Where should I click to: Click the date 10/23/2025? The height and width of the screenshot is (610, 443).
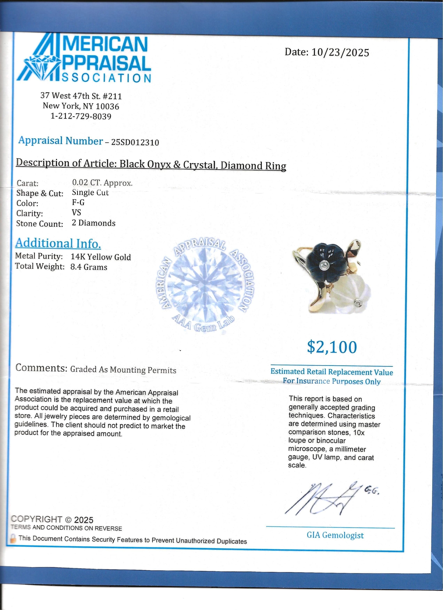click(340, 52)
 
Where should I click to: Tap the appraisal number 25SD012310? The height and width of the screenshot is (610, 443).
click(135, 142)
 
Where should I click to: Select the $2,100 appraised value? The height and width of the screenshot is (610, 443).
click(332, 347)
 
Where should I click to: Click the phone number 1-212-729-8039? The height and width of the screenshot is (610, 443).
click(81, 116)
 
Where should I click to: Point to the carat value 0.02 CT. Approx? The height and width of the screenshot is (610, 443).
click(102, 183)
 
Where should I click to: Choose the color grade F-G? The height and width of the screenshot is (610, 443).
click(78, 202)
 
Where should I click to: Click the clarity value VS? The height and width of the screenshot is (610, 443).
click(76, 213)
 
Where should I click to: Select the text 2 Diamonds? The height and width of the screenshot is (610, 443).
click(94, 223)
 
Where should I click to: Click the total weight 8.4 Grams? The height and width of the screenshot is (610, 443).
click(89, 267)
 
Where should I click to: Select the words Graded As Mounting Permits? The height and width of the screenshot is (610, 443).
click(123, 370)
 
